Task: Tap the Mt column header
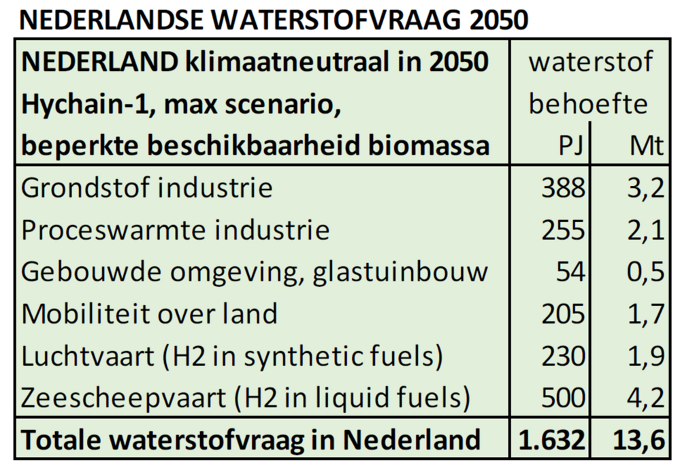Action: click(x=646, y=146)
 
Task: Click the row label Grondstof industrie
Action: click(x=147, y=188)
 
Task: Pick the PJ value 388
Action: click(x=563, y=188)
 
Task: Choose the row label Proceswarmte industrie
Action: click(x=175, y=230)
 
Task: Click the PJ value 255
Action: click(x=563, y=230)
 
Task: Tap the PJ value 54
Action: click(x=570, y=272)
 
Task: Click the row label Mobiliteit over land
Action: click(x=150, y=313)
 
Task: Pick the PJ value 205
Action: click(x=563, y=313)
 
